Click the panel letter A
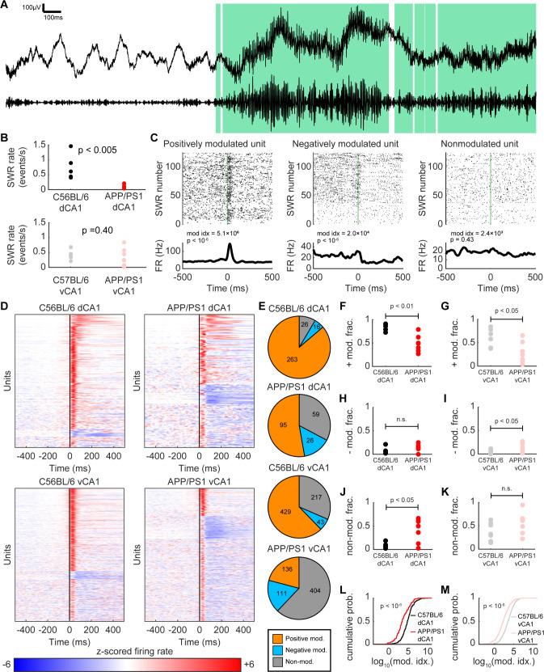(6, 6)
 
